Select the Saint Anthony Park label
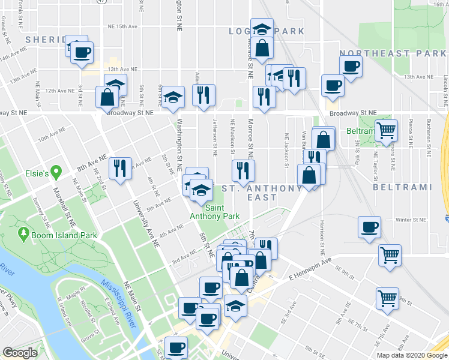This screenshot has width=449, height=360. click(x=214, y=212)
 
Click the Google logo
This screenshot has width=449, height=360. click(x=20, y=353)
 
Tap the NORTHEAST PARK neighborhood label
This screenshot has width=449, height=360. click(x=393, y=53)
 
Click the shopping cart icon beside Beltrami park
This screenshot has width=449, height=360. click(x=387, y=130)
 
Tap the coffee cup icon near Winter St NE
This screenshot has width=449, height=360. click(x=369, y=227)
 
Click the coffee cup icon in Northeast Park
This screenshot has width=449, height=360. click(x=351, y=66)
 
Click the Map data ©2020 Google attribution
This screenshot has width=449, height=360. click(x=412, y=355)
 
